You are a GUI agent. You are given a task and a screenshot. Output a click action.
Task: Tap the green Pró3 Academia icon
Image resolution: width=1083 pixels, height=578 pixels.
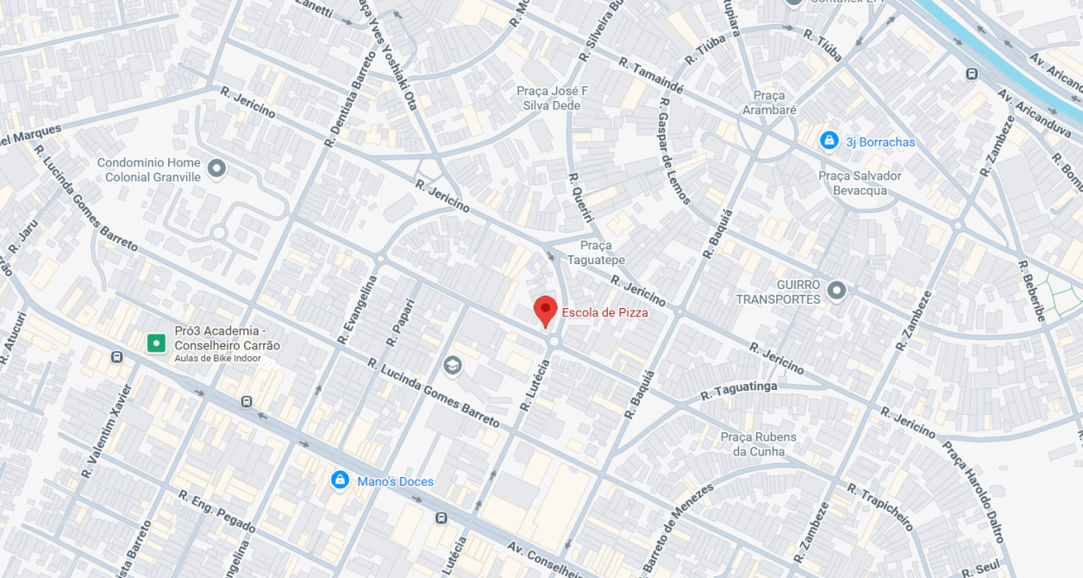click(x=155, y=343)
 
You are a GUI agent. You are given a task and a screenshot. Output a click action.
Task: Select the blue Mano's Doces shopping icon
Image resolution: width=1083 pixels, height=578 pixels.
click(x=340, y=480)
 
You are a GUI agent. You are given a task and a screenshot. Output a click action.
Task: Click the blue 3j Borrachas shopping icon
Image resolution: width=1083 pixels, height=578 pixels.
click(x=829, y=140)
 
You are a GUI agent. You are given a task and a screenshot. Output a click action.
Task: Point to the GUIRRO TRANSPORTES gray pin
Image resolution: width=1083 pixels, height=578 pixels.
click(x=836, y=291)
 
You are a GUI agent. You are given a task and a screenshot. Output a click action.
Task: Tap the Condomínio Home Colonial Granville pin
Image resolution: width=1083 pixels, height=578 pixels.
click(x=216, y=168)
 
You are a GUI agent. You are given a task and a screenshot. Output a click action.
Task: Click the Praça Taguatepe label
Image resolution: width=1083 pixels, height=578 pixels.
click(x=596, y=253)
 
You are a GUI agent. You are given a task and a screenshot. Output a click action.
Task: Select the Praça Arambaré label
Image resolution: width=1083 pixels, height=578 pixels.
click(x=769, y=103)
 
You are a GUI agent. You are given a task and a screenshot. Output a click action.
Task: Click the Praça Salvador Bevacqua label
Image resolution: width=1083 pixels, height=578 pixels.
click(x=859, y=183)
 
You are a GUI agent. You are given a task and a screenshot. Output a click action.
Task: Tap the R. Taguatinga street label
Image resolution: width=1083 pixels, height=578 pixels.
click(x=738, y=391)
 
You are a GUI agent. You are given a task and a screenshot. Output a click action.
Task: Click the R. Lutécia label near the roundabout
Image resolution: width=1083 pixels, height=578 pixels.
click(x=535, y=385)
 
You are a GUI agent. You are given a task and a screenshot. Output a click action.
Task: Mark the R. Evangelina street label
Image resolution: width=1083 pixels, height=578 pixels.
click(x=360, y=309)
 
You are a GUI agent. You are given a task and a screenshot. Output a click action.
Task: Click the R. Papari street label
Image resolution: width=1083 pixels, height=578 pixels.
click(x=401, y=323)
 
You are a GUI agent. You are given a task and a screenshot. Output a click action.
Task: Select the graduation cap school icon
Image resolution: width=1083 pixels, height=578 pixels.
click(x=452, y=366)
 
